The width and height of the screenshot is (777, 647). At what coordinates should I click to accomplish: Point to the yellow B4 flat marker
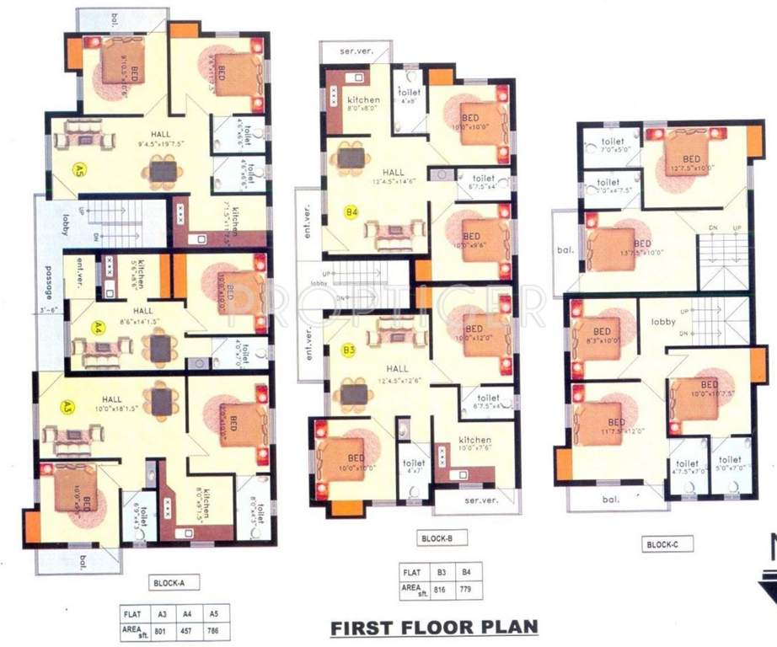[351, 212]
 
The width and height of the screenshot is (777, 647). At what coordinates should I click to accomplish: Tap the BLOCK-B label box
[437, 538]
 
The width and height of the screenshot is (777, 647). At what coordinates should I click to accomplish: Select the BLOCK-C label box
[668, 545]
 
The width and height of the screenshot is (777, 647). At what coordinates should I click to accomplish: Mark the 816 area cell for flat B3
[439, 587]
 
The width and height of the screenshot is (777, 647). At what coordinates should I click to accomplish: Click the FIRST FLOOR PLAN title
[433, 627]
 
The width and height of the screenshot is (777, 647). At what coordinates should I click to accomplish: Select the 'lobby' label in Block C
[664, 321]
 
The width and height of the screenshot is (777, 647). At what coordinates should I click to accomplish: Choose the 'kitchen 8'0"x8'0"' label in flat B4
[364, 104]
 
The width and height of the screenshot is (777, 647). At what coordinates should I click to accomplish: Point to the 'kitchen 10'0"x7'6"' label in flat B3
[474, 444]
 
